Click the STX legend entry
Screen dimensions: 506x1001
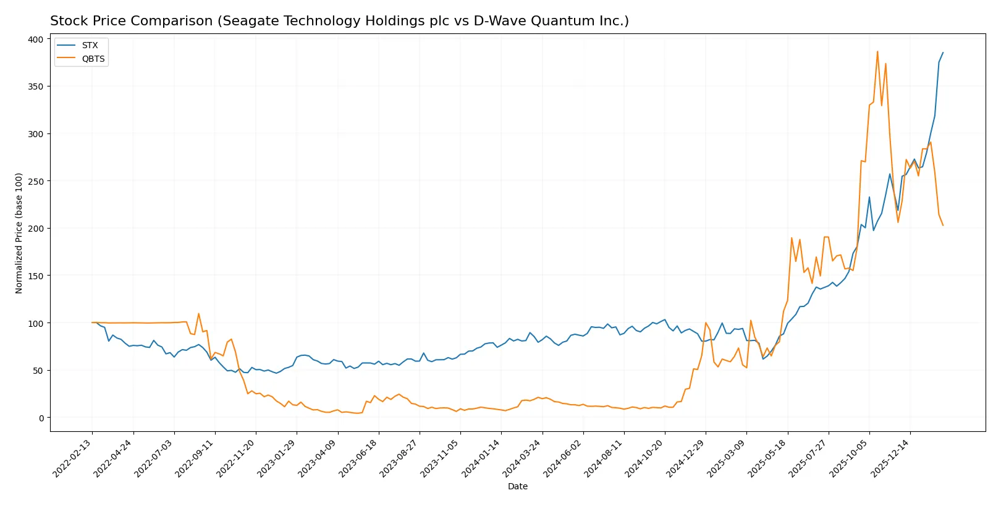[x=90, y=45]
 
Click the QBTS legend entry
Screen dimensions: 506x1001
[x=93, y=59]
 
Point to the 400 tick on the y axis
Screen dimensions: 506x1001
[x=36, y=39]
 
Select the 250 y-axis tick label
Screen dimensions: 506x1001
[x=36, y=181]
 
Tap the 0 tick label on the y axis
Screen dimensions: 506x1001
[x=41, y=418]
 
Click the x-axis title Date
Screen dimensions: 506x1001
[x=517, y=486]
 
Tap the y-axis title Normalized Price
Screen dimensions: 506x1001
[x=19, y=233]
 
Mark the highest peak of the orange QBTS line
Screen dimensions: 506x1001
[x=877, y=52]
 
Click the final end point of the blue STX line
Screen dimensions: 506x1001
[x=943, y=53]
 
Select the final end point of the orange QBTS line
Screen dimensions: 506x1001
[x=943, y=225]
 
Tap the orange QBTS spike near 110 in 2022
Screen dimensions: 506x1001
[x=198, y=313]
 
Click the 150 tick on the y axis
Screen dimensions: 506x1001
[x=36, y=276]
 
